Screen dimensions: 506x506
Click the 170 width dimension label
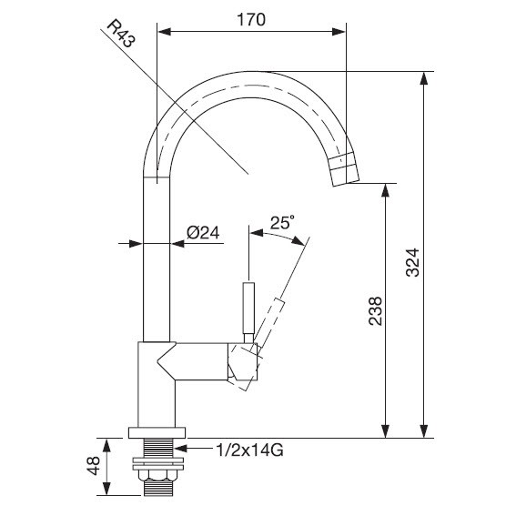tap(251, 20)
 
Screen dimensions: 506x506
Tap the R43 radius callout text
tap(121, 34)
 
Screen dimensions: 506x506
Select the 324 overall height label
tap(412, 262)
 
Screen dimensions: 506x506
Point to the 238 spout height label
tap(375, 310)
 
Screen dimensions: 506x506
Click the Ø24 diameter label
tap(203, 232)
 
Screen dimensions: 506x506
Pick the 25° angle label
tap(282, 222)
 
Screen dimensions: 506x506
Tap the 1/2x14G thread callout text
tap(249, 450)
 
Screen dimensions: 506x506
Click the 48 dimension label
tap(94, 465)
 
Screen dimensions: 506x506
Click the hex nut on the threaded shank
tap(157, 475)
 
